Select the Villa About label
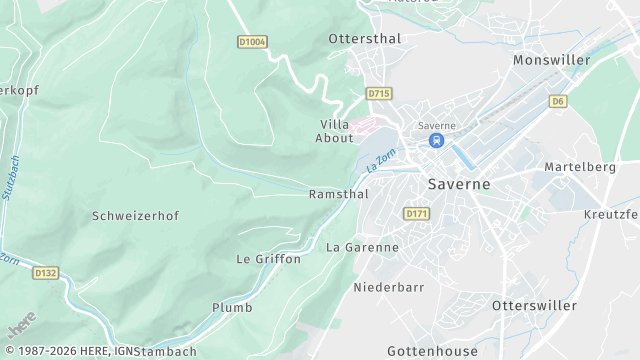pos(334,131)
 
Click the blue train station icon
pos(436,141)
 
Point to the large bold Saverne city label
pos(458,185)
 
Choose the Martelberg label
pos(579,167)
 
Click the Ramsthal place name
pos(339,194)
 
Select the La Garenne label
pos(362,247)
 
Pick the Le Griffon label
pos(268,259)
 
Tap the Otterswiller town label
pos(534,305)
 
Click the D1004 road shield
pos(252,42)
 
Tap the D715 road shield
pos(378,93)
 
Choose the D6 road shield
pos(558,101)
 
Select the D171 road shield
pos(416,213)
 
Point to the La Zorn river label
pos(380,160)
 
